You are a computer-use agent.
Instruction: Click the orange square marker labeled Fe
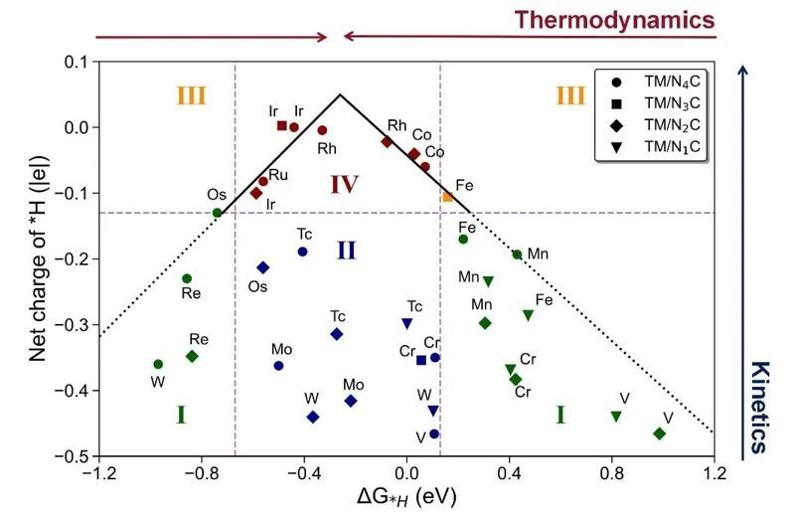click(448, 196)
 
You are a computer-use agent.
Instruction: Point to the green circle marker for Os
click(218, 212)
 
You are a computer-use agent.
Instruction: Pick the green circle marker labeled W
click(158, 364)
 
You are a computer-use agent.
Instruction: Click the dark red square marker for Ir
click(282, 125)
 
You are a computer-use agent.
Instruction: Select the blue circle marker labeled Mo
click(278, 366)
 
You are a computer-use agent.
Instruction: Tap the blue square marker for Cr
click(421, 360)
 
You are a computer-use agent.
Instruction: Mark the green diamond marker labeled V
click(659, 433)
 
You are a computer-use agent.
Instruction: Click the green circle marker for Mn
click(517, 255)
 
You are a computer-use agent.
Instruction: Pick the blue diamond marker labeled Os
click(263, 267)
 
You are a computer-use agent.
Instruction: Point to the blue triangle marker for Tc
click(406, 323)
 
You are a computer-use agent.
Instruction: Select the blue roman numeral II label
click(345, 250)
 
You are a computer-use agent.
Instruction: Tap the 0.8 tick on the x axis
click(612, 471)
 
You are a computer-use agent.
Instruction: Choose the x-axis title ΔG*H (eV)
click(406, 495)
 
